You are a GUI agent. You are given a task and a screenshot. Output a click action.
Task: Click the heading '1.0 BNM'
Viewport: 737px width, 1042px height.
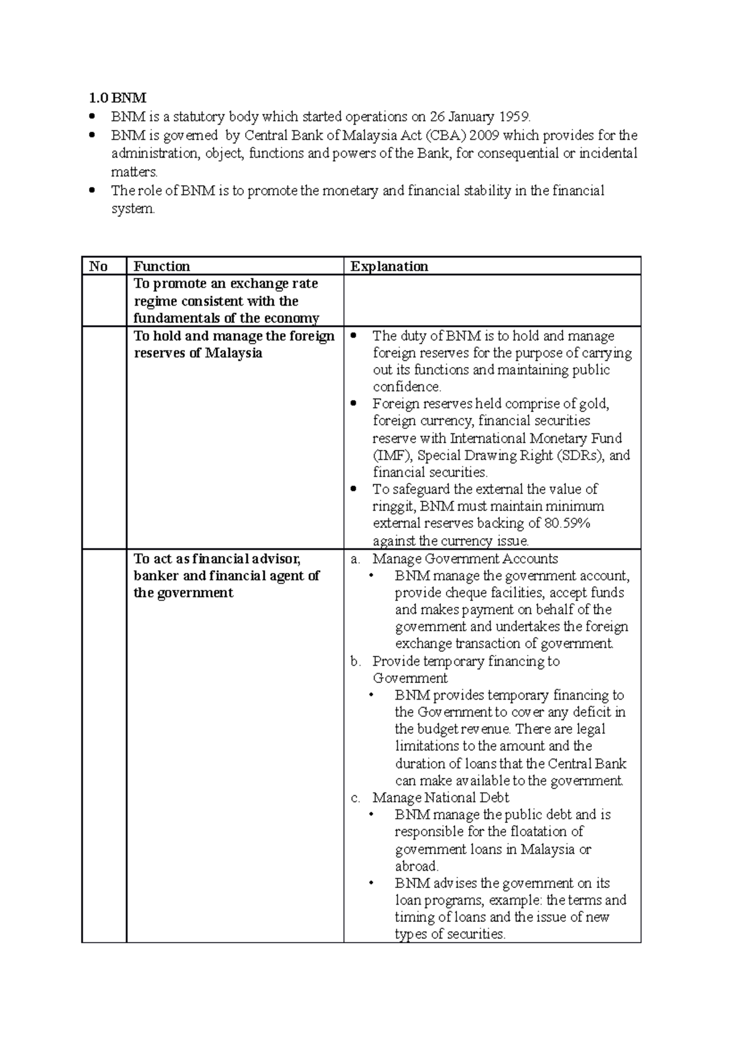(x=118, y=98)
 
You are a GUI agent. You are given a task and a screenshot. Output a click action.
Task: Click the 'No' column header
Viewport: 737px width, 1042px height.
(x=98, y=266)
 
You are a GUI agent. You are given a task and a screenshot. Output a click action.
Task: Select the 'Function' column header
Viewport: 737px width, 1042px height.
(x=162, y=266)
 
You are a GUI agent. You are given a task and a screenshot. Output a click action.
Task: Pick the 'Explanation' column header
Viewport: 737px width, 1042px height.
(x=389, y=266)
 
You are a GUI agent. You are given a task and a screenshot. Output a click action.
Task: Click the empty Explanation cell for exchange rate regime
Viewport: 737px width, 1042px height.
(x=491, y=301)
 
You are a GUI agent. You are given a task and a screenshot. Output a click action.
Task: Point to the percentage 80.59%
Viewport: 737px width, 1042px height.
(x=567, y=523)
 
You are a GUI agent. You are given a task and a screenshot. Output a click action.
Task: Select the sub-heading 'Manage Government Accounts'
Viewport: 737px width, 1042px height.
(x=465, y=559)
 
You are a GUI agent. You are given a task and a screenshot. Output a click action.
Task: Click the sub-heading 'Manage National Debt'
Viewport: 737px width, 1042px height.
(x=440, y=798)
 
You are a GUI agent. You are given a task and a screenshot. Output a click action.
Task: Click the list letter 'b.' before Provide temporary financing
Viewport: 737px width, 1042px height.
(x=356, y=662)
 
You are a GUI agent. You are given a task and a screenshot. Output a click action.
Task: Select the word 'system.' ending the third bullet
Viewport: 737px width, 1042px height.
(x=133, y=209)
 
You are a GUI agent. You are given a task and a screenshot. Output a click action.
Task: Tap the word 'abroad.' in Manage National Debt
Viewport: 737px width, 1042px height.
(x=416, y=866)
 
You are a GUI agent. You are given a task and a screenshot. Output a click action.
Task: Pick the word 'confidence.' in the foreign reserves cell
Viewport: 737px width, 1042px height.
(x=407, y=387)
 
